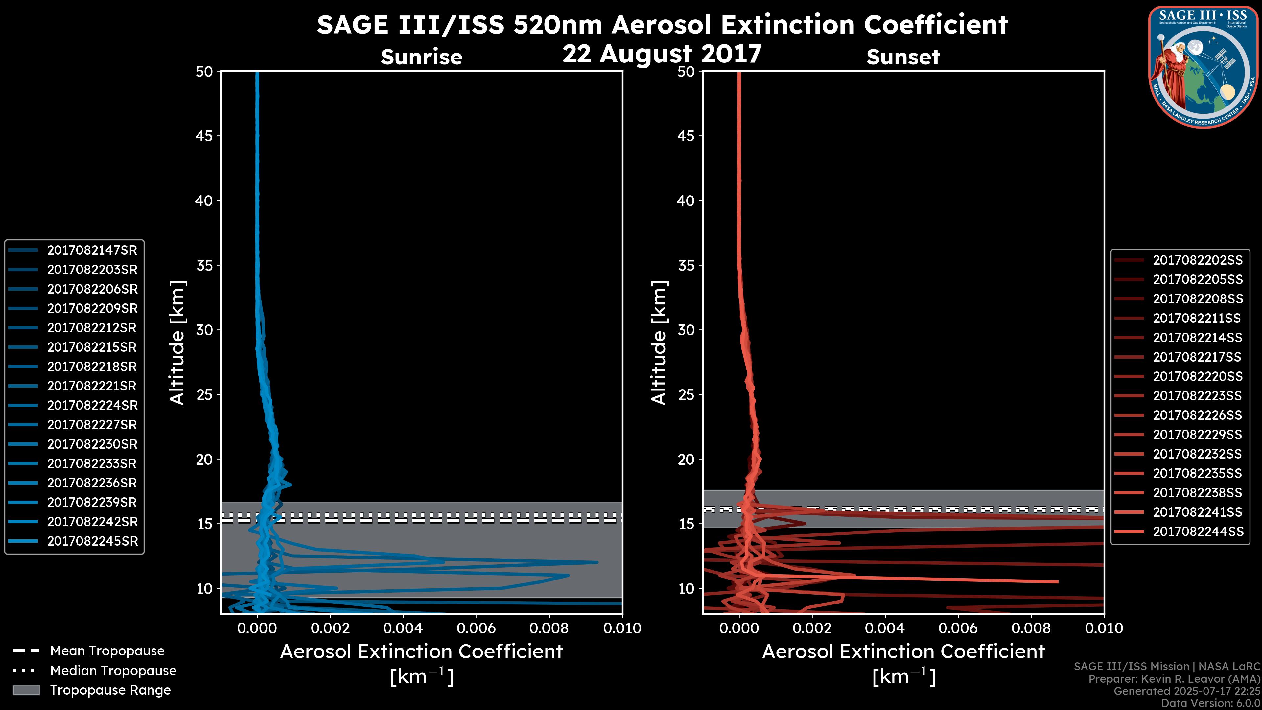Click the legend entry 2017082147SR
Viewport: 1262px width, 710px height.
click(x=92, y=250)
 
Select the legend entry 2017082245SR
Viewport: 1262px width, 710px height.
click(x=92, y=541)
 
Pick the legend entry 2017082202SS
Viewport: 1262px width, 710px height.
click(x=1197, y=260)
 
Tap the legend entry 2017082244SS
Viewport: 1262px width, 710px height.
click(x=1197, y=532)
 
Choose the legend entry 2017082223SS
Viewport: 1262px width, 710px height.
click(x=1197, y=396)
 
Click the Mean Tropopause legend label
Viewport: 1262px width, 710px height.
click(x=107, y=651)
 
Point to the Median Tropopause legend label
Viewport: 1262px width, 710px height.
click(x=113, y=671)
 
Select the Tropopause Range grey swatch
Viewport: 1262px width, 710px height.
click(x=26, y=690)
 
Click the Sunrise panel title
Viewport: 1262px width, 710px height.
click(x=421, y=57)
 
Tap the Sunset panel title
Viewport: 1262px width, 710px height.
click(x=903, y=57)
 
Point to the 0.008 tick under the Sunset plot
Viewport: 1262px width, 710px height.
click(x=1031, y=628)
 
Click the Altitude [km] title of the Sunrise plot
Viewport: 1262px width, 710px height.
click(x=177, y=343)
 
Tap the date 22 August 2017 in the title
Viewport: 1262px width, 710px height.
click(x=662, y=54)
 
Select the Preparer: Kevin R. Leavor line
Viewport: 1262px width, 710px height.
click(x=1174, y=679)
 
